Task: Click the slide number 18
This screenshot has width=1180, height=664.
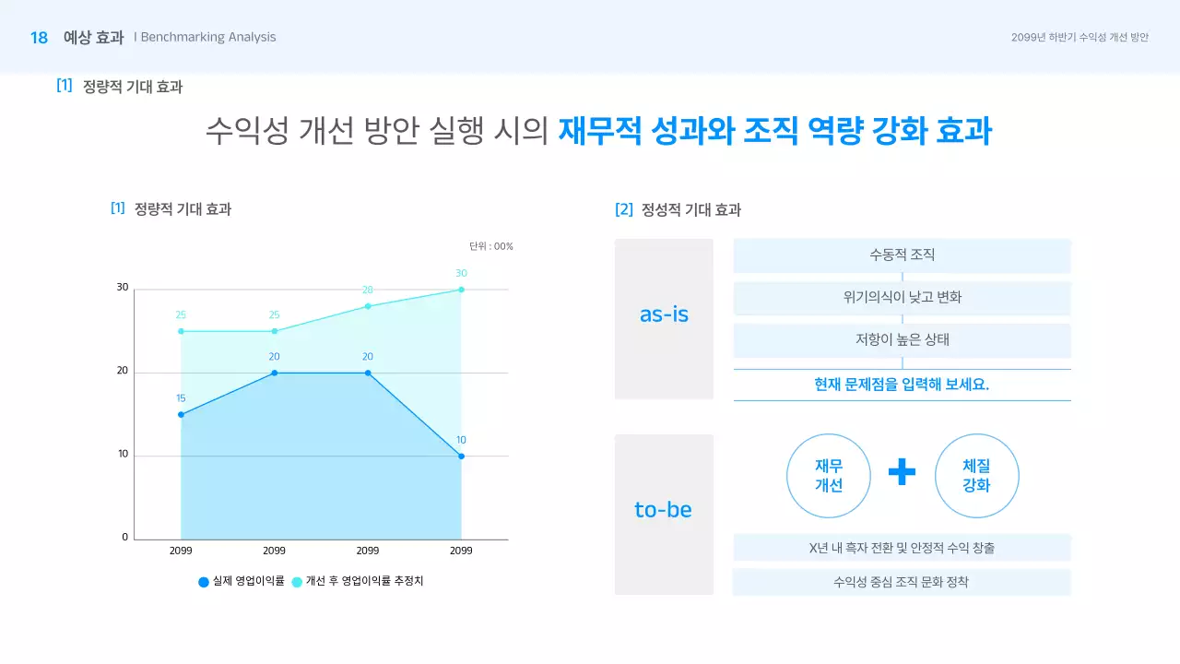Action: tap(39, 38)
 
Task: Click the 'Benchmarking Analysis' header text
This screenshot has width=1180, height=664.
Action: tap(208, 38)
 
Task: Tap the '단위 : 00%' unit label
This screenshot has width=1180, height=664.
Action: tap(490, 246)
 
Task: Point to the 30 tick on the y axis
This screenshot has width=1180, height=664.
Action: tap(123, 288)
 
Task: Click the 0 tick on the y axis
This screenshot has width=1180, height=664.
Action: tap(124, 538)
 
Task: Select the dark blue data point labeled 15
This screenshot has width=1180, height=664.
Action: tap(181, 415)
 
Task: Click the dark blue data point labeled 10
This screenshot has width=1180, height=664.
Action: tap(461, 456)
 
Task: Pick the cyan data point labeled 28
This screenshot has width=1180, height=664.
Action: tap(368, 306)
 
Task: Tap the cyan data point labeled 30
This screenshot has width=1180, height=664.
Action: tap(461, 290)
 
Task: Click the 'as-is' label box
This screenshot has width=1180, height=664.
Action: tap(664, 319)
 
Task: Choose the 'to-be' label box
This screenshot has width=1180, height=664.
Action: tap(664, 514)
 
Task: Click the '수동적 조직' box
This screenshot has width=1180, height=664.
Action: tap(902, 255)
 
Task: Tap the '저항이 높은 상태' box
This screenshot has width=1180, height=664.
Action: tap(902, 339)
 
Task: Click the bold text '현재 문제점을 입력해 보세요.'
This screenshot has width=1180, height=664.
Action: tap(902, 385)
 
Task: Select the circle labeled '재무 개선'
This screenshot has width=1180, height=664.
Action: tap(829, 476)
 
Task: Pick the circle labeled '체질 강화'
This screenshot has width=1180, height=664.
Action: tap(976, 476)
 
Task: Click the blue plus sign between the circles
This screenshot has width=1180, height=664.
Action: tap(902, 472)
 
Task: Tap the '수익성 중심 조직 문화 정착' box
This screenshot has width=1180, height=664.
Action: tap(902, 583)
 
